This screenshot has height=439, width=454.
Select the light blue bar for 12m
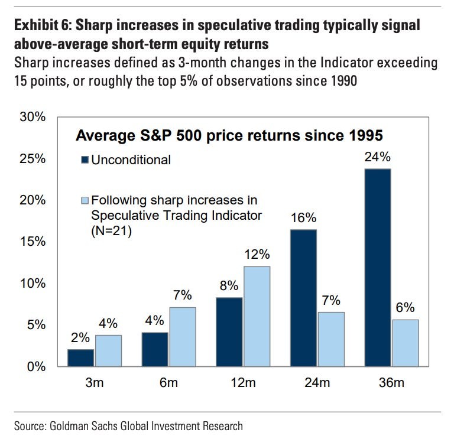pos(256,316)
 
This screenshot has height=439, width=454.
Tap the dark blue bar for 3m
pos(80,357)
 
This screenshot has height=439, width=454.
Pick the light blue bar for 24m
pos(330,339)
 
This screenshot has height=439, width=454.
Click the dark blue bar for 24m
pos(303,298)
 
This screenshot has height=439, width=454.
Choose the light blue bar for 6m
pos(182,336)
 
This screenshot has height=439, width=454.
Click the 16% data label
pos(303,218)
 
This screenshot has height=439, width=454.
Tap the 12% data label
pos(257,255)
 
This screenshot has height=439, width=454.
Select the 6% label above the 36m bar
pos(405,308)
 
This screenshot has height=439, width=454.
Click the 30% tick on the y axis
pos(32,116)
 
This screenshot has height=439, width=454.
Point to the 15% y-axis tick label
pos(32,242)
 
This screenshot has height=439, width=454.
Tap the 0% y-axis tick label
pos(35,366)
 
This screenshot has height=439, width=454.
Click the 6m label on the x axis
pos(168,383)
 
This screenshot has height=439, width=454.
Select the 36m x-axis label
pos(391,383)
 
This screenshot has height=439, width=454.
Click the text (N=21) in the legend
pos(111,232)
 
